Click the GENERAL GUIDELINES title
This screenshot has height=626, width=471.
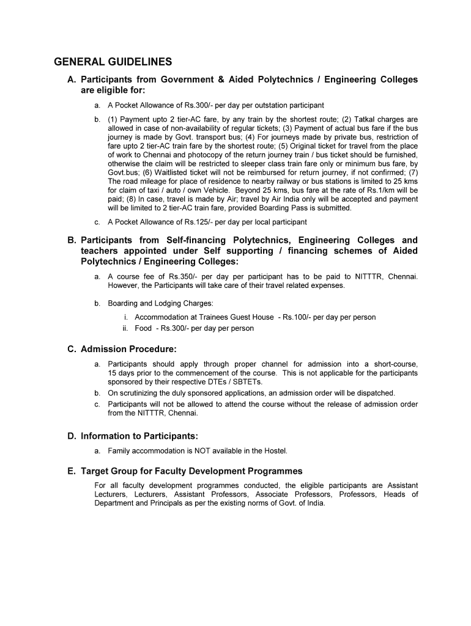tap(113, 62)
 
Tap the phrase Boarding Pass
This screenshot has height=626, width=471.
tap(280, 208)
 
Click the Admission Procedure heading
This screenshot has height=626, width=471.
tap(128, 349)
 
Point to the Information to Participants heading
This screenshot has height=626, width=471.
tap(139, 436)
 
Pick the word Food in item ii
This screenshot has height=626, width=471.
tap(143, 328)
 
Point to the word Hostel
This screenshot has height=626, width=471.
tap(275, 451)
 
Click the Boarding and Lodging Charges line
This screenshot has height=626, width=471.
tap(161, 303)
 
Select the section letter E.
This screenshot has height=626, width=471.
tap(71, 471)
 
